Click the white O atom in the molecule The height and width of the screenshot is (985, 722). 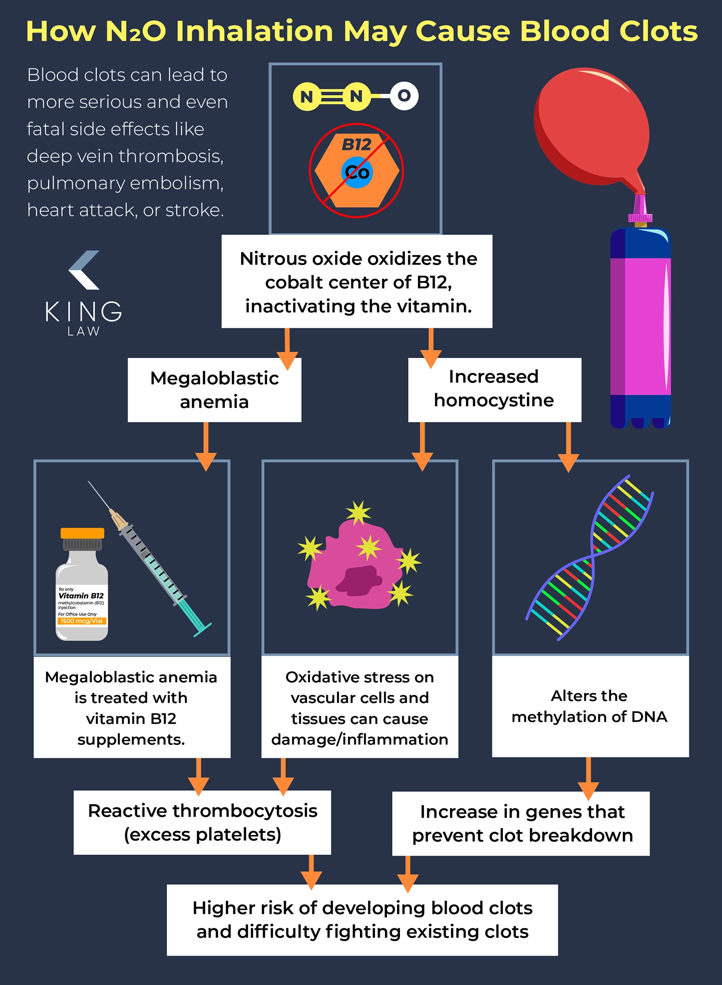tap(404, 96)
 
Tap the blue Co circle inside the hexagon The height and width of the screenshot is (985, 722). tap(357, 172)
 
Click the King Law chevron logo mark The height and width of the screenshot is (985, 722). tap(84, 270)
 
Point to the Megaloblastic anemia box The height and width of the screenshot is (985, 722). tap(214, 390)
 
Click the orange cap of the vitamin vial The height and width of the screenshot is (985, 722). tap(82, 533)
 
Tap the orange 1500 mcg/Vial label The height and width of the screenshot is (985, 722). tap(82, 621)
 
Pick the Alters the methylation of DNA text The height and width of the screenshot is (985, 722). tap(589, 706)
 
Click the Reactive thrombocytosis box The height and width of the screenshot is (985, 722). tap(202, 823)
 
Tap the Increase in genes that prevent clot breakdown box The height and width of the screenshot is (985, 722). tap(521, 824)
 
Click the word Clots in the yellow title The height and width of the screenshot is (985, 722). tap(658, 31)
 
